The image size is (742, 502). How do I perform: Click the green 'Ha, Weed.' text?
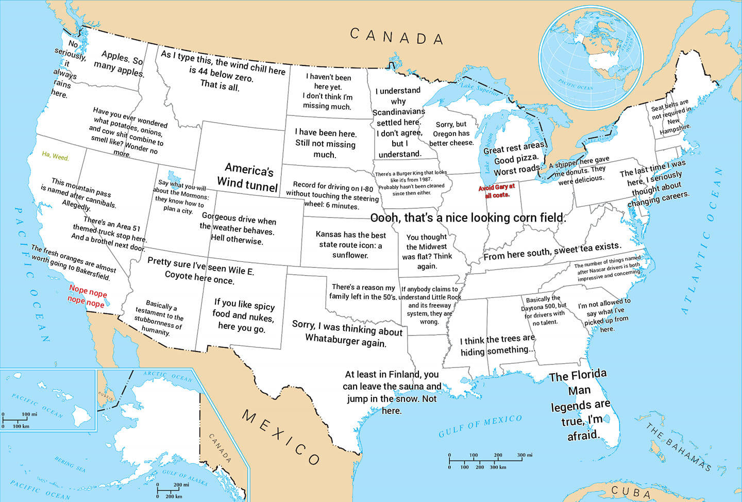point(55,156)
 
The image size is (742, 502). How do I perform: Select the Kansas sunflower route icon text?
point(350,245)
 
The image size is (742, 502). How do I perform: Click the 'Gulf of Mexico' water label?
point(480,426)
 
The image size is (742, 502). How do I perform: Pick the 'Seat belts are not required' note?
point(671,116)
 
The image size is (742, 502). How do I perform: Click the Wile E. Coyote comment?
point(200,271)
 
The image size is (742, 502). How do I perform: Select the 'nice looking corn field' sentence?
point(468,218)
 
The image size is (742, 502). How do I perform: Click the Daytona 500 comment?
point(545,310)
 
